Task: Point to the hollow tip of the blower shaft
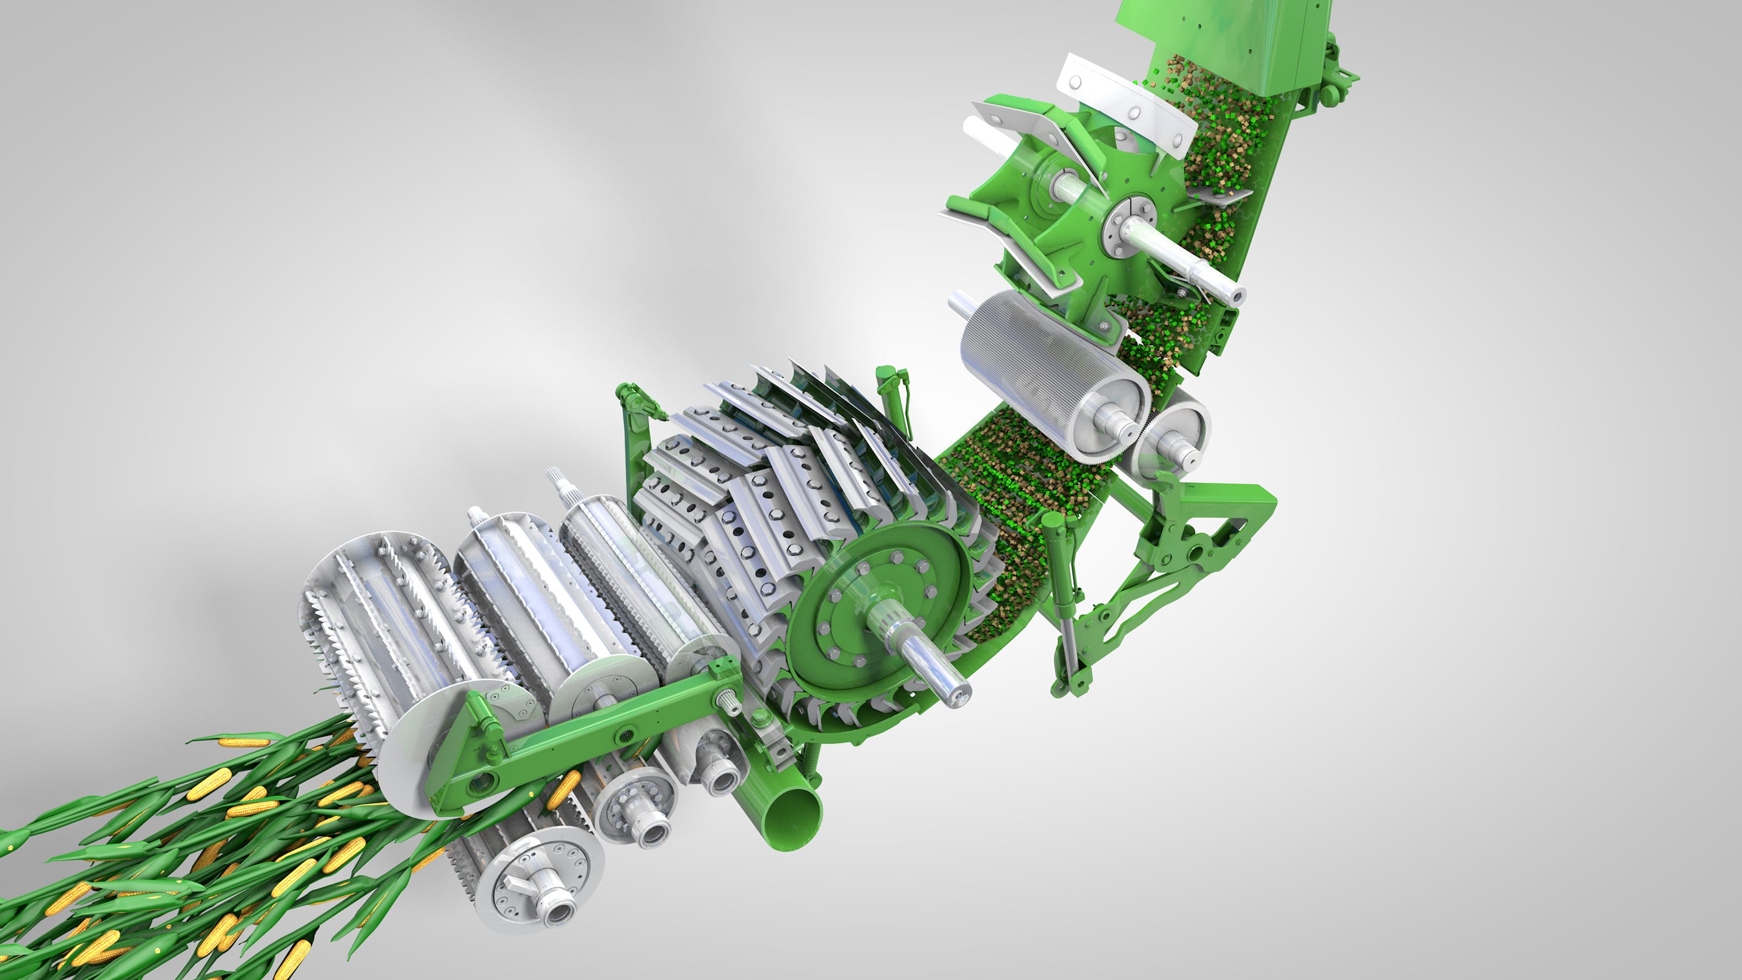tap(1237, 296)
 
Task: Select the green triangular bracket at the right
tap(1218, 534)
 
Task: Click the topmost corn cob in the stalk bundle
tap(243, 742)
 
